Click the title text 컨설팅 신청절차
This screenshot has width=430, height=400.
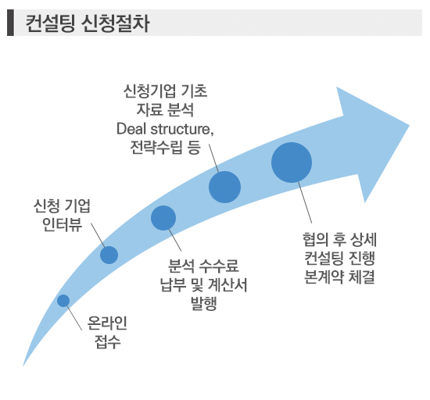[x=88, y=23]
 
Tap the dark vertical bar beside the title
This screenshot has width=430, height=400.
[x=10, y=23]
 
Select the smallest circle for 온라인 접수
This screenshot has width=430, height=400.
[x=63, y=301]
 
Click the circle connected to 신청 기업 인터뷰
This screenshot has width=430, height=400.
[x=109, y=255]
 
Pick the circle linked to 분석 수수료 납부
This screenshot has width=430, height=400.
[x=163, y=218]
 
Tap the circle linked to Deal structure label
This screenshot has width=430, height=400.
[x=224, y=187]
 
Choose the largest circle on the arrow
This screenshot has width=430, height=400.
[x=292, y=162]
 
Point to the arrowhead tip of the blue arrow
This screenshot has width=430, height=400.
[x=409, y=126]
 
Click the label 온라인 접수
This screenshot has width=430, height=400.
[x=107, y=332]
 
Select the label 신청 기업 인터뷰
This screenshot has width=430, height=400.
[x=62, y=216]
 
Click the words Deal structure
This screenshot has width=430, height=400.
[x=165, y=130]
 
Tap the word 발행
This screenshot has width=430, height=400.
[x=204, y=303]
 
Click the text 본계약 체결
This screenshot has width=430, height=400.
[x=339, y=277]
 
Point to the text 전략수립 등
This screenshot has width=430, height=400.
[x=165, y=148]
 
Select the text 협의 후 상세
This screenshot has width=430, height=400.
[x=339, y=239]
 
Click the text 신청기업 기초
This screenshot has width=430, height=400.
[x=165, y=91]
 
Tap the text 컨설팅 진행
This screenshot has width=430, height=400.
[x=339, y=258]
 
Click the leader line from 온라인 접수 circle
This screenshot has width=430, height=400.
[x=74, y=318]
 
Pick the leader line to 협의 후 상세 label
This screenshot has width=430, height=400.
[x=305, y=203]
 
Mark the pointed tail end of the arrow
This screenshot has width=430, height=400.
[x=23, y=366]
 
